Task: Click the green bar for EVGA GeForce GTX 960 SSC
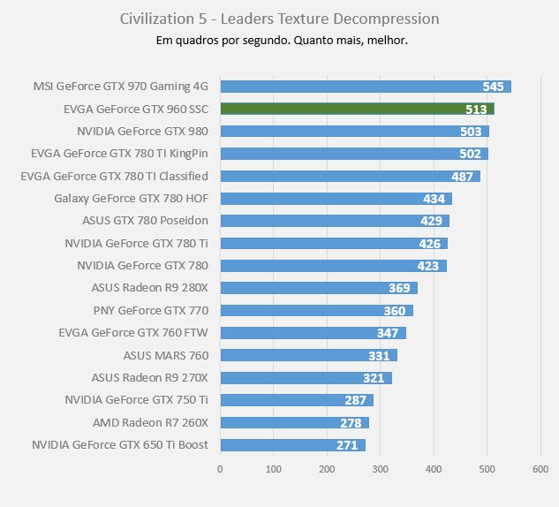[x=357, y=109]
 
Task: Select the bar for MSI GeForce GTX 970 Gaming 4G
[x=365, y=87]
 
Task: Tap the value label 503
[x=471, y=132]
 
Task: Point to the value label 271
[x=347, y=445]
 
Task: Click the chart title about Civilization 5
[x=279, y=19]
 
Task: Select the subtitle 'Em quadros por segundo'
[x=279, y=41]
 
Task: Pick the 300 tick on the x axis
[x=381, y=470]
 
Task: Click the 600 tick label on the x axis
[x=540, y=470]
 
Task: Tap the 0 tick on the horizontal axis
[x=220, y=470]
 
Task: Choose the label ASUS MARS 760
[x=166, y=355]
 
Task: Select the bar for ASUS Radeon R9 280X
[x=318, y=288]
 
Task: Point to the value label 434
[x=434, y=199]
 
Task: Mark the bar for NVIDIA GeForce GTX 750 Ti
[x=296, y=400]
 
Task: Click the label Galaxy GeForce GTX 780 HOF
[x=131, y=198]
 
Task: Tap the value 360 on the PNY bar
[x=394, y=311]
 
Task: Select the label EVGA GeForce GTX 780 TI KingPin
[x=119, y=154]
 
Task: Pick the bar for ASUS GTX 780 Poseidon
[x=334, y=221]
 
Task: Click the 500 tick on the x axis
[x=487, y=470]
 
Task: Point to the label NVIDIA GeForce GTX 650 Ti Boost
[x=120, y=444]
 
